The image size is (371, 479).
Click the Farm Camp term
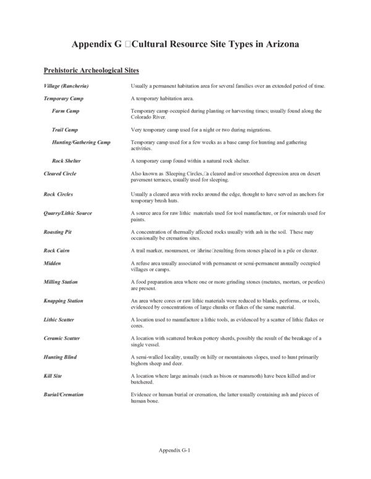click(66, 110)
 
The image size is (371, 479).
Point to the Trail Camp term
click(66, 130)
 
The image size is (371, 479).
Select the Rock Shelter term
click(68, 161)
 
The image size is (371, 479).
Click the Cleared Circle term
click(60, 174)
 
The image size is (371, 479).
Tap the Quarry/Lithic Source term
click(68, 213)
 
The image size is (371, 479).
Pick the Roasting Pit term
click(59, 232)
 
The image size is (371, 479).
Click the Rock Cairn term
click(58, 251)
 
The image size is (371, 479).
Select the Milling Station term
click(61, 281)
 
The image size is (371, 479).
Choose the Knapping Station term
click(64, 301)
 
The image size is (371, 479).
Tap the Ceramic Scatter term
click(62, 338)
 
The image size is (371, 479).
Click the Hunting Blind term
click(60, 357)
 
